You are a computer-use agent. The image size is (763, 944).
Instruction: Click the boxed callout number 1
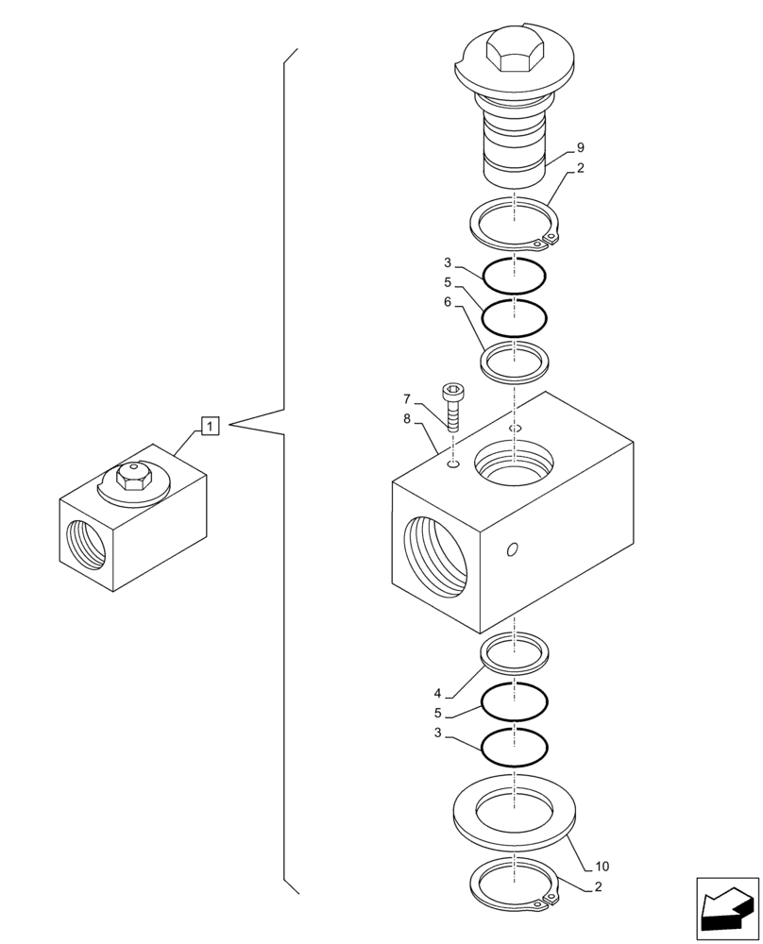210,426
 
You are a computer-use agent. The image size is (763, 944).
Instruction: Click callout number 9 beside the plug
580,148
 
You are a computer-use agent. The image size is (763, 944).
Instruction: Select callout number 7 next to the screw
407,398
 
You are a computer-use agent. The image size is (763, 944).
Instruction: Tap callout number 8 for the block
407,419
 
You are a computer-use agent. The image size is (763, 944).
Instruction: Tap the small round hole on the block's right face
512,549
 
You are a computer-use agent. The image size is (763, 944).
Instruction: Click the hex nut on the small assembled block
132,478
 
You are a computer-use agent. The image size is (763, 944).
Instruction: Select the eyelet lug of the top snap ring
539,244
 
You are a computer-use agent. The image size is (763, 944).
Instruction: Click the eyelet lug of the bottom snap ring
539,905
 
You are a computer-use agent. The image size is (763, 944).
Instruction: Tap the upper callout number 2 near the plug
580,169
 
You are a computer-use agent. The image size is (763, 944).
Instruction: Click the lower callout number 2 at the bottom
599,886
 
